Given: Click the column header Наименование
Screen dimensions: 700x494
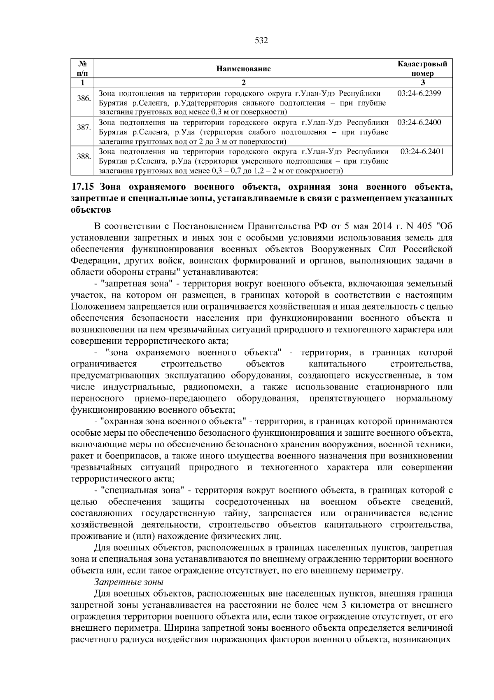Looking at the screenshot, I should coord(243,68).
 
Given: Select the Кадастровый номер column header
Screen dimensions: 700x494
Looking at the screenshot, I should coord(422,68).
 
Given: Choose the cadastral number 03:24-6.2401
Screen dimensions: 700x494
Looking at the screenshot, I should coord(422,151).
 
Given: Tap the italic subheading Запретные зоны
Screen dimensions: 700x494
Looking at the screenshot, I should coord(129,582).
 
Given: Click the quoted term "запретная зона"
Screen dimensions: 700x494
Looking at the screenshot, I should coord(139,284).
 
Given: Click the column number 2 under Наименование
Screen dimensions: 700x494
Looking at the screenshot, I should coord(243,82).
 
